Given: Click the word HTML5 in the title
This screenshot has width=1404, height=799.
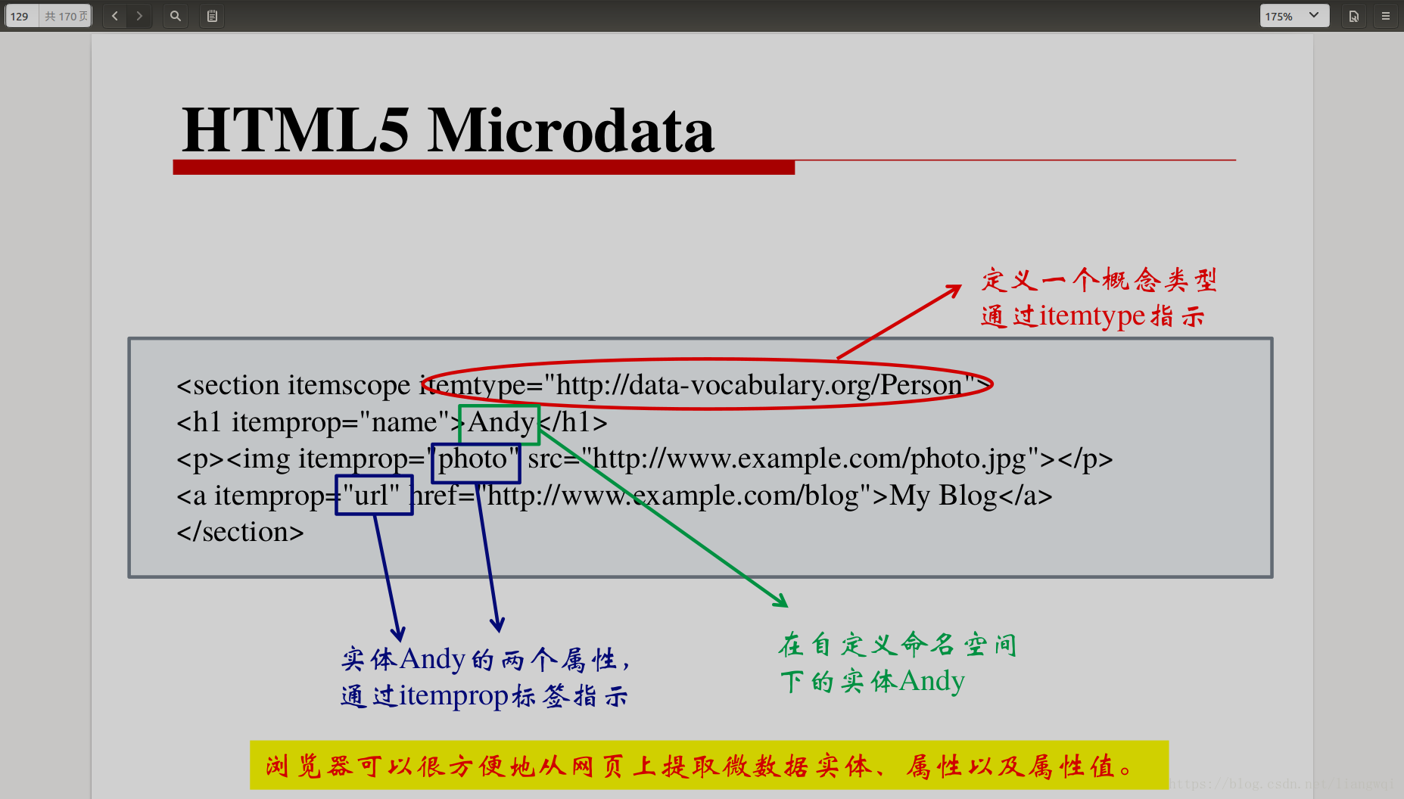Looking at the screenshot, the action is point(295,130).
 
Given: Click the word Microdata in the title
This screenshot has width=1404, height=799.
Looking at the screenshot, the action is point(571,130).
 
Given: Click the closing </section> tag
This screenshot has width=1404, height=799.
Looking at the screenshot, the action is point(240,532).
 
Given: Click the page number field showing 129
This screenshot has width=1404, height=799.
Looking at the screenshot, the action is point(21,16).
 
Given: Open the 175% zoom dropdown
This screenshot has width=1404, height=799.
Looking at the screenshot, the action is point(1294,16).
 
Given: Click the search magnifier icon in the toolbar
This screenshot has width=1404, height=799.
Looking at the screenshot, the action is point(175,16).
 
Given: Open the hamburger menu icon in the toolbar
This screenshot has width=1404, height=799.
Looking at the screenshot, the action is point(1386,16).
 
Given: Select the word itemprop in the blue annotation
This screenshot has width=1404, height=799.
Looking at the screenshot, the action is point(453,696).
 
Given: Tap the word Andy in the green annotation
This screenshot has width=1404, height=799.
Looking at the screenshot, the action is point(932,682).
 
